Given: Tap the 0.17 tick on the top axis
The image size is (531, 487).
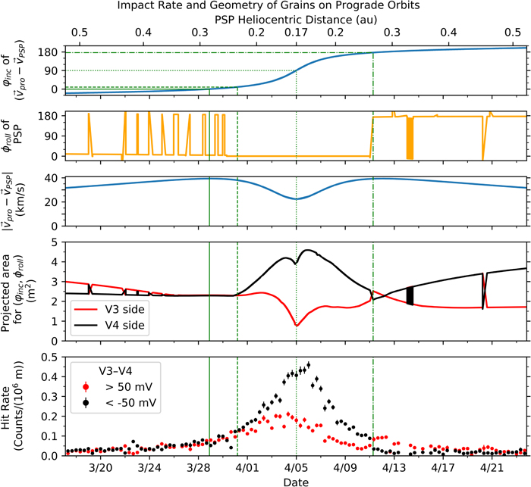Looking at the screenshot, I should pyautogui.click(x=296, y=33).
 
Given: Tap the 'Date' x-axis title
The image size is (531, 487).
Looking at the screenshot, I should pyautogui.click(x=296, y=482).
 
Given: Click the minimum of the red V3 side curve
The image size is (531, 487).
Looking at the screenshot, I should pyautogui.click(x=296, y=326).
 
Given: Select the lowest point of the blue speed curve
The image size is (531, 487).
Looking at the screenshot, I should pyautogui.click(x=296, y=199).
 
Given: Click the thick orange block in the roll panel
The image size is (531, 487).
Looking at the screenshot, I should pyautogui.click(x=410, y=138).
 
